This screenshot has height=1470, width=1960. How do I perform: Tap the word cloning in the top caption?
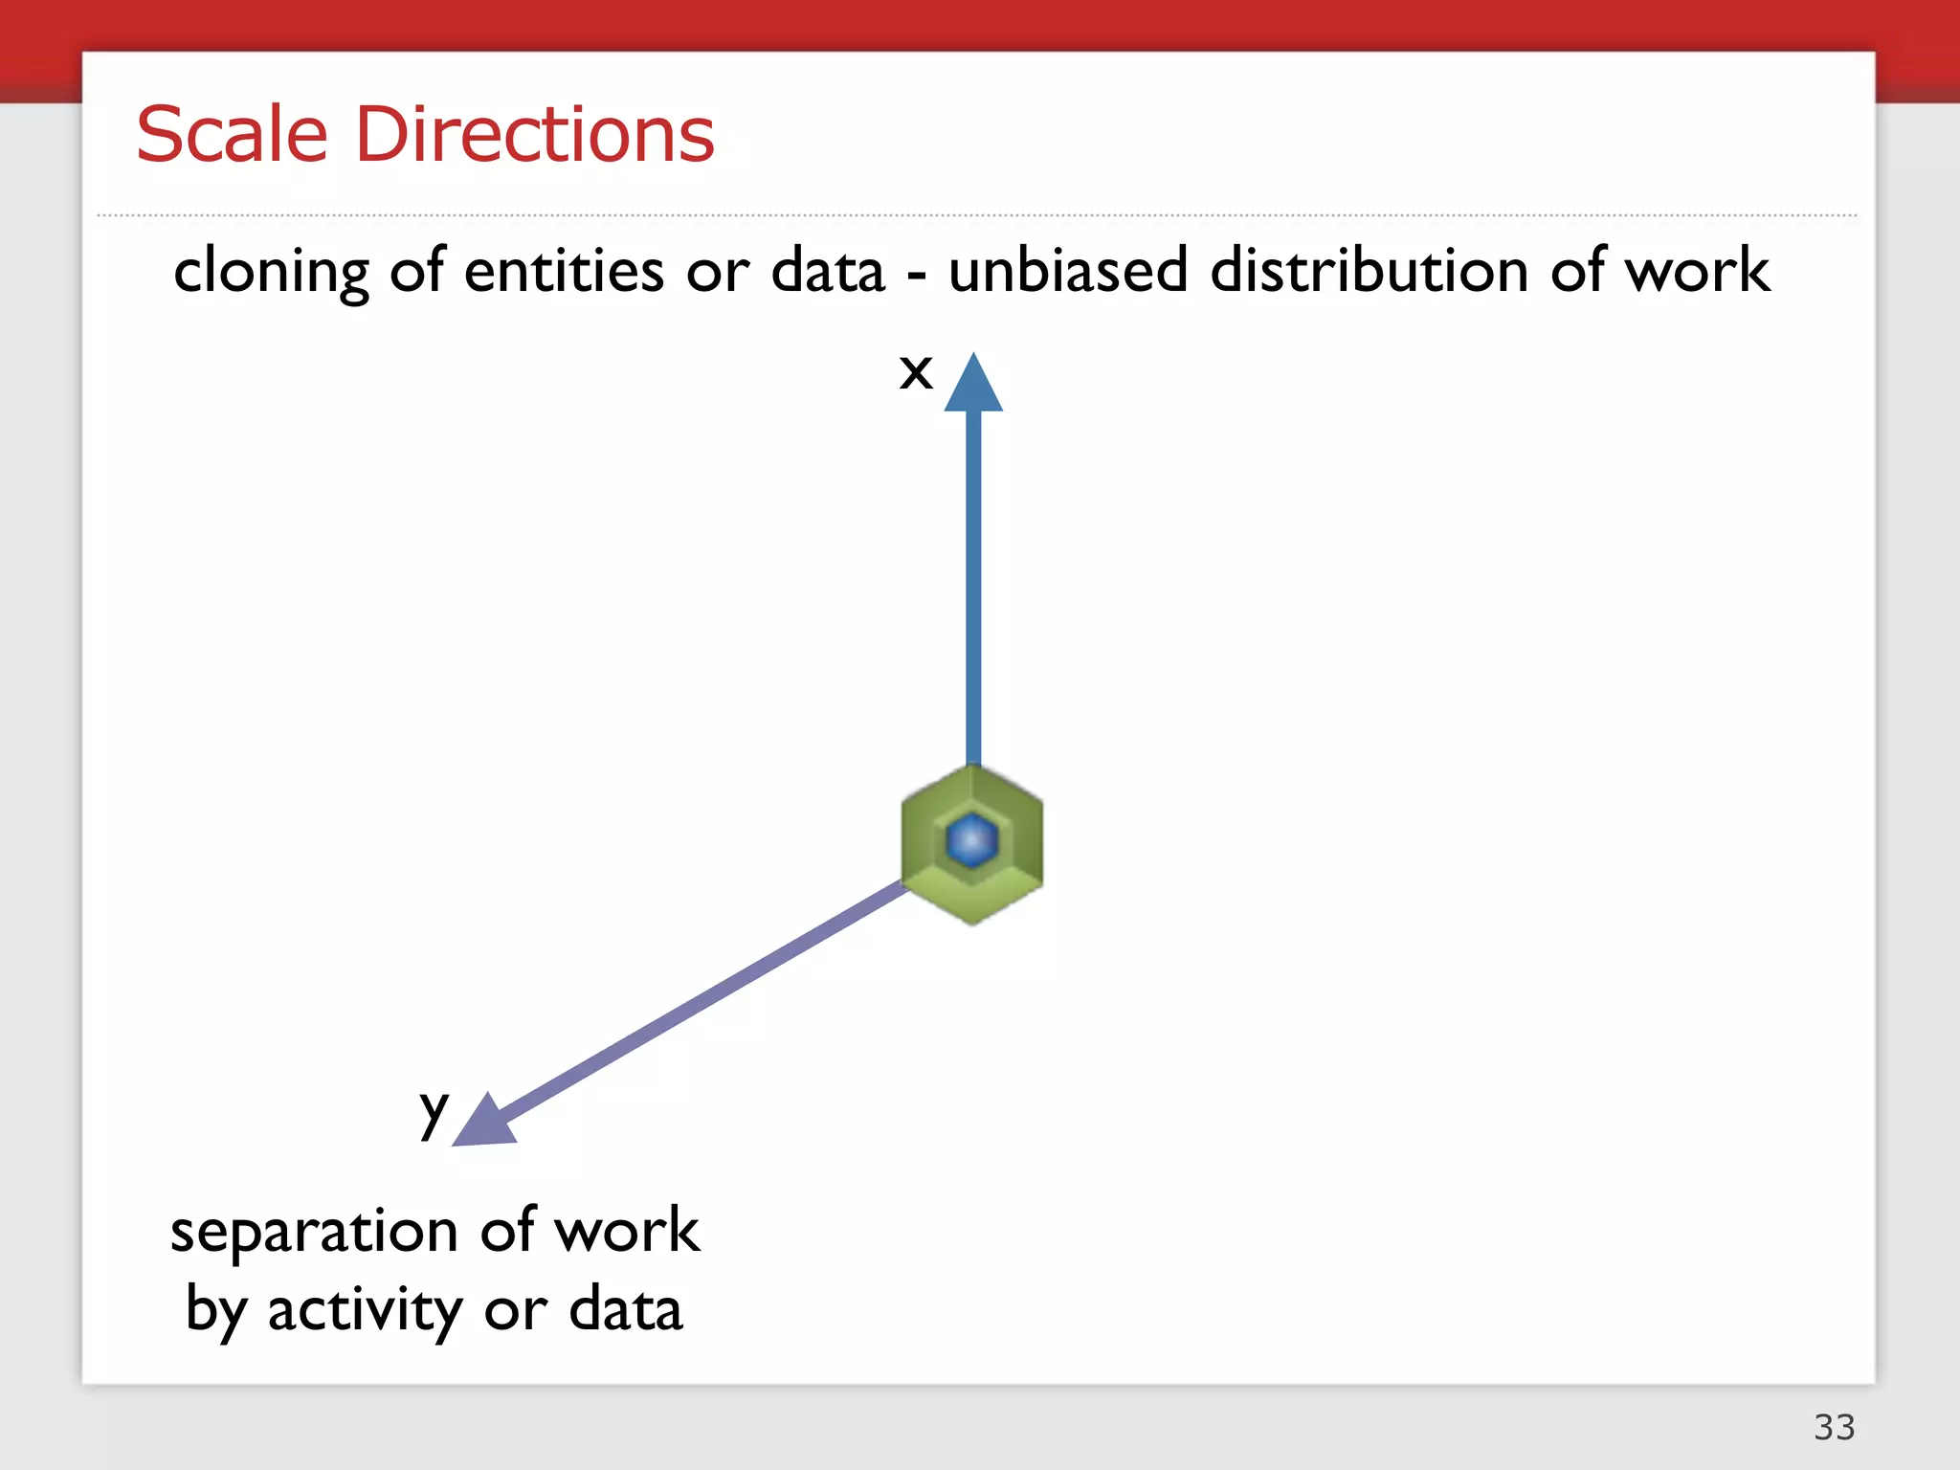(271, 272)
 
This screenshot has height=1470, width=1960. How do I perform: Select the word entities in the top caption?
(564, 270)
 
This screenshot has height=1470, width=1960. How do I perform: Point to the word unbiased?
(1068, 270)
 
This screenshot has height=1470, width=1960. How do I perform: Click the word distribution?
(1370, 270)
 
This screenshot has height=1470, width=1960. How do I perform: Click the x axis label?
(916, 371)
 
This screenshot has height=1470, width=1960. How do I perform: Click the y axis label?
(434, 1112)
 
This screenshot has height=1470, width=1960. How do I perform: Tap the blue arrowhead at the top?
(973, 385)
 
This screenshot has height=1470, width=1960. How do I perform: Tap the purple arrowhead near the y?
(484, 1122)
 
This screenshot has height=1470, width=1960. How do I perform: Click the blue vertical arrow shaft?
(973, 584)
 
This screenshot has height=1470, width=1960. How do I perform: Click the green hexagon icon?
(972, 880)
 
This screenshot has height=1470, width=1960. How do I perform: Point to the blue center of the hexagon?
(972, 840)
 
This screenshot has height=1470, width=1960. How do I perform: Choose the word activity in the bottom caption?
(365, 1311)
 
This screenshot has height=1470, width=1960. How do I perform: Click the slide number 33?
(1834, 1427)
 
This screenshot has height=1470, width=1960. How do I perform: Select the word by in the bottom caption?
(215, 1311)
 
